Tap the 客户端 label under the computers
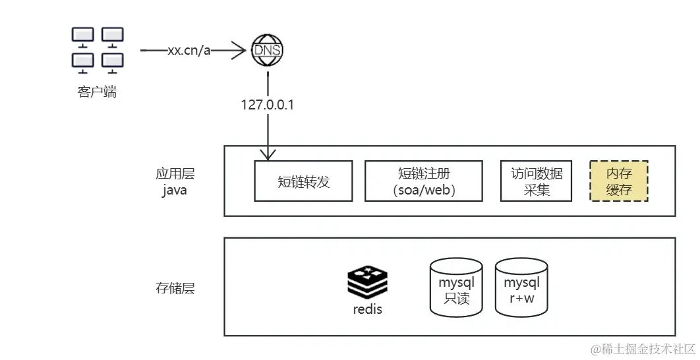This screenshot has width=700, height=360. pos(97,92)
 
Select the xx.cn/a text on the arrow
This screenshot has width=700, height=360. pos(189,51)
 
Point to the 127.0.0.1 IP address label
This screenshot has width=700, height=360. pos(268,105)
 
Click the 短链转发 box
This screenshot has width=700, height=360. pos(304,181)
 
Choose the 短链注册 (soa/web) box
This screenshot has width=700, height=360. pos(424,181)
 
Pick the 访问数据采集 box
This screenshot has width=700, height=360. pos(537,181)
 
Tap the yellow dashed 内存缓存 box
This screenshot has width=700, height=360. pos(619,181)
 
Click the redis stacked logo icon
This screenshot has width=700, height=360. pos(367,282)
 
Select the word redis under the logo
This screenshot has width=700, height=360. pos(367,309)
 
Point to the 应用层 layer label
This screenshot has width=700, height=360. pos(175,174)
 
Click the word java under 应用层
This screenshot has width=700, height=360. pos(175,190)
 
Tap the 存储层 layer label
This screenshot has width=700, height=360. pos(175,288)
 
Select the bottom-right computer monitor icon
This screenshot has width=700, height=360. pos(113,61)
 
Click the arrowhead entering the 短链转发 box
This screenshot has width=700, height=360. pos(268,156)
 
